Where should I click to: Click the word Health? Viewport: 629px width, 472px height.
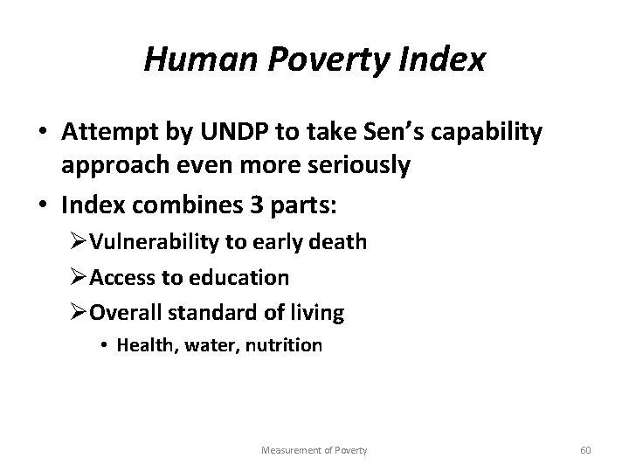[x=146, y=346]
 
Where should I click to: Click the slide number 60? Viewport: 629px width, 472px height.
[x=585, y=449]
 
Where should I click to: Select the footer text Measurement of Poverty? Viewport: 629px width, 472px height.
[x=314, y=449]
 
